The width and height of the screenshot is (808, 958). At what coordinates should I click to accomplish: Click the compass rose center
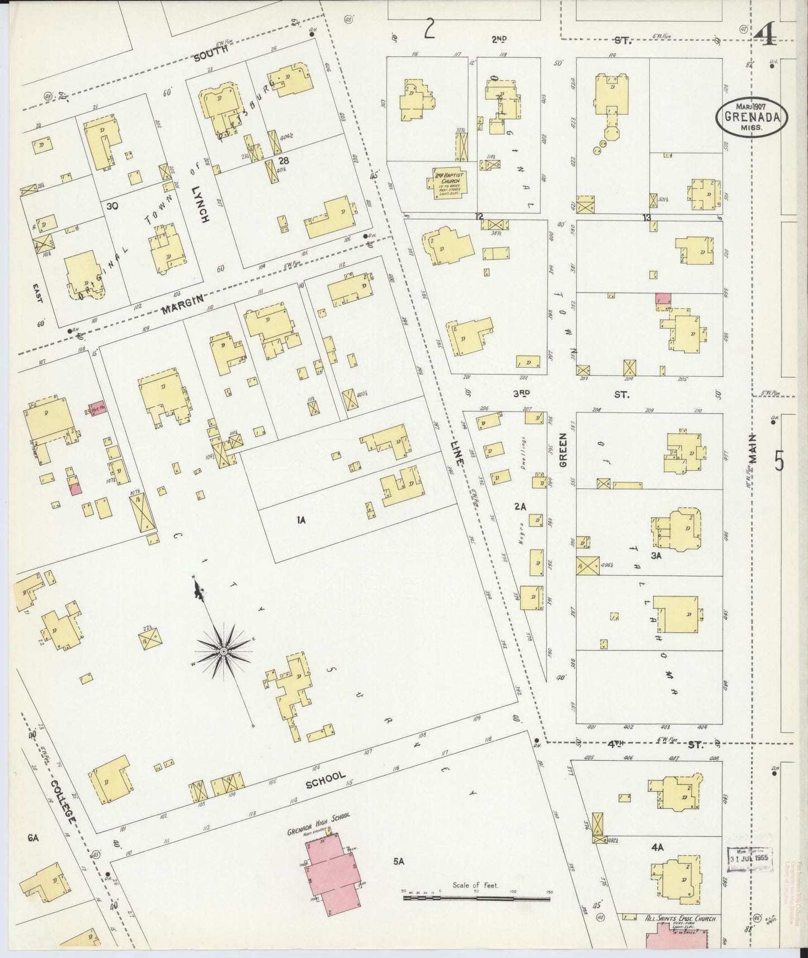(223, 652)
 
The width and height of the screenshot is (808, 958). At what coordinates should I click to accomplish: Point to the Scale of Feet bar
(477, 898)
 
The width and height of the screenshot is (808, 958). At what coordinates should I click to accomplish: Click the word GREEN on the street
(564, 449)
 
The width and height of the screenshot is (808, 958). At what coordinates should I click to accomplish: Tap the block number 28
(284, 160)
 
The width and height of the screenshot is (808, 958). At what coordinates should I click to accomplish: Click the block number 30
(112, 206)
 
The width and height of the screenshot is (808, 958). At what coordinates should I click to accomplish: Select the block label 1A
(301, 520)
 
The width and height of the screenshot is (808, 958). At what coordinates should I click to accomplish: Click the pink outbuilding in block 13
(663, 299)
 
